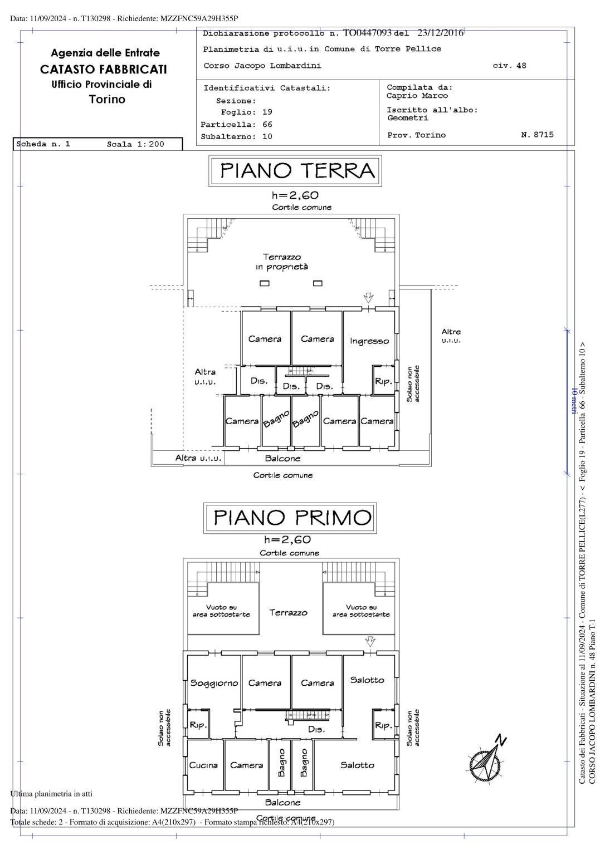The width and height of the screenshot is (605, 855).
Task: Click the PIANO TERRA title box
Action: (x=295, y=171)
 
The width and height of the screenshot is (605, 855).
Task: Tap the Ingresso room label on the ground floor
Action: (x=369, y=341)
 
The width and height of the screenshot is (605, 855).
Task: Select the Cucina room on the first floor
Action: (x=203, y=765)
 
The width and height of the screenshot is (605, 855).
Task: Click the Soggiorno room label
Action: (x=214, y=682)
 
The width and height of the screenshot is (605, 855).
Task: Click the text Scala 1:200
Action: (x=135, y=144)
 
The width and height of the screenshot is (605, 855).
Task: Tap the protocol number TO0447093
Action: (x=368, y=33)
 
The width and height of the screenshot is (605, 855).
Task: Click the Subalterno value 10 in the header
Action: (x=267, y=136)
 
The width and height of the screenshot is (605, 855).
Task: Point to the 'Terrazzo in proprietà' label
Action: (x=282, y=262)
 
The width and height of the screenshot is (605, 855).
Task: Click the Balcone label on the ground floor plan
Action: (x=282, y=458)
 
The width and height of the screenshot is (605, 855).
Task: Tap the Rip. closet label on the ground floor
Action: (x=383, y=382)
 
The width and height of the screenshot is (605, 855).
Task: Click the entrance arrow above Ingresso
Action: (x=368, y=297)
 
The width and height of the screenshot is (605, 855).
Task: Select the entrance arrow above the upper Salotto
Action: (x=369, y=641)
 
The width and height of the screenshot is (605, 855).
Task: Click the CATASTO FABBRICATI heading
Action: (x=103, y=70)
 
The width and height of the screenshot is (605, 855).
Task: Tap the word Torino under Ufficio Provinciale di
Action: (x=107, y=100)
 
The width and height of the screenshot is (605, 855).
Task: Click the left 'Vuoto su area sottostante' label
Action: (x=221, y=611)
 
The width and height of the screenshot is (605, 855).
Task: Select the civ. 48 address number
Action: (x=509, y=66)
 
